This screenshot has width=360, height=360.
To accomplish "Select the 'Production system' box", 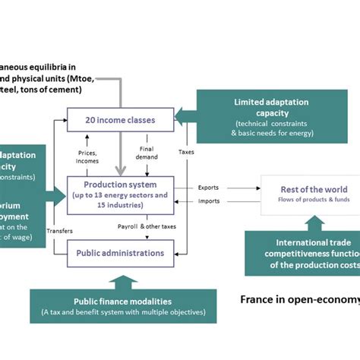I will (121, 194).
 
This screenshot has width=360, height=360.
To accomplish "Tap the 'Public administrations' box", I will (121, 253).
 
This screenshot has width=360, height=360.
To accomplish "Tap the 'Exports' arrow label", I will (210, 186).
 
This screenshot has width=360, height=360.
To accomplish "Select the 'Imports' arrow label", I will (210, 201).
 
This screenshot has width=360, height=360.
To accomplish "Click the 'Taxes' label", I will (185, 152).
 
